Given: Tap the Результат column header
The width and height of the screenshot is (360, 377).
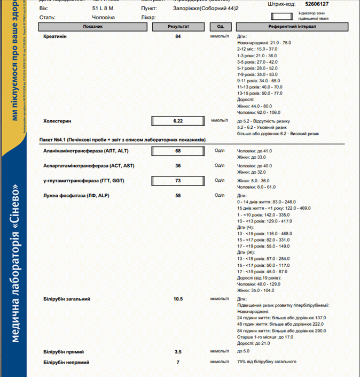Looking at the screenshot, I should [178, 26].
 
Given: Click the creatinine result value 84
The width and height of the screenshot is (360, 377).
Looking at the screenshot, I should [178, 36].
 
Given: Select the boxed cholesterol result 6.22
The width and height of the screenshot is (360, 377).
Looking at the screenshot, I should [178, 121].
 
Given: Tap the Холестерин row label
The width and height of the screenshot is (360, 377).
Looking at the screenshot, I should [57, 121].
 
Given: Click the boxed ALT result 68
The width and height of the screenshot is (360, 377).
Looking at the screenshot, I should [178, 151].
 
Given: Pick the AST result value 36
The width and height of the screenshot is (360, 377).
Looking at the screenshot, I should [178, 166].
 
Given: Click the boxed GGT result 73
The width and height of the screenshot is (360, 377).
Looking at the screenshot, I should [178, 181].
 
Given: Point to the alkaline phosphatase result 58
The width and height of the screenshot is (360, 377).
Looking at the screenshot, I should [178, 196].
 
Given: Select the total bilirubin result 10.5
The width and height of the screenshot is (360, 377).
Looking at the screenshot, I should [178, 299].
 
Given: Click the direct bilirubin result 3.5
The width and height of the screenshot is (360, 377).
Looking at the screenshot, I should [178, 352].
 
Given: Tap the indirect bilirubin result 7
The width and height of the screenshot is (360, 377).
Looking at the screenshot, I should [178, 363].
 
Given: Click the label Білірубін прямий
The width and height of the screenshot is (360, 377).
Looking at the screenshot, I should [64, 352].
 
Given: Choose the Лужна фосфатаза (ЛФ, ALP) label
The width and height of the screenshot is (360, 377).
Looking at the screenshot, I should [76, 196].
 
